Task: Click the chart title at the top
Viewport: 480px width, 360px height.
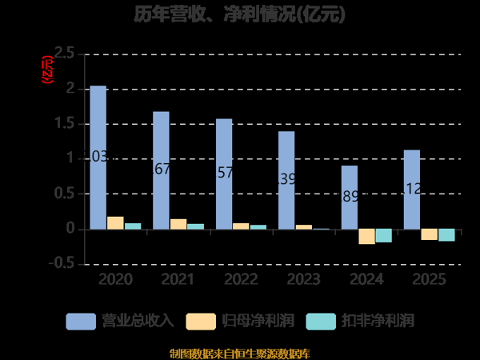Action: (240, 15)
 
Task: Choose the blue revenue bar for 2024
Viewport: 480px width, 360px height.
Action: (350, 197)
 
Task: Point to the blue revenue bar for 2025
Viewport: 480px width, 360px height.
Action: (412, 189)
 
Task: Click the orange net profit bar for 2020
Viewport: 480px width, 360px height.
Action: (115, 223)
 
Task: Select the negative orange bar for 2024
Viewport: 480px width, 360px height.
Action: (366, 236)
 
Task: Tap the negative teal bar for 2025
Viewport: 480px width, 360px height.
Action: (446, 234)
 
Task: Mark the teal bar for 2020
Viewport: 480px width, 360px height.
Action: (133, 226)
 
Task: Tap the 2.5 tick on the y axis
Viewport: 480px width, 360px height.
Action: (64, 54)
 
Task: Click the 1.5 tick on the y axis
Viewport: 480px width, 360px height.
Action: (64, 124)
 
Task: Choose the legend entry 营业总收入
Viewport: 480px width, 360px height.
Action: (120, 321)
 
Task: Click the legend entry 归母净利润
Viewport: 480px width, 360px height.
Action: (240, 321)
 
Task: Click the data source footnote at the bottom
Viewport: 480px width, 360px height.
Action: (240, 353)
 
